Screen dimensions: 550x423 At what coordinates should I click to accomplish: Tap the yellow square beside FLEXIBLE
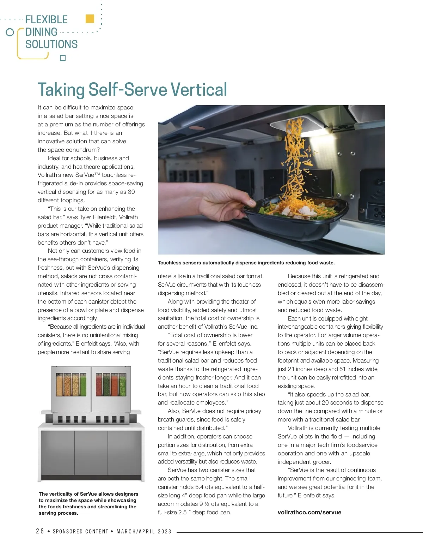90,19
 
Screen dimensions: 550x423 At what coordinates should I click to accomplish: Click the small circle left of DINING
10,32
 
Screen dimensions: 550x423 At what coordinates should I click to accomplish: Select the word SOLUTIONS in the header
51,44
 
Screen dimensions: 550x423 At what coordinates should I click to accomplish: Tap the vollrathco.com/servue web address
309,512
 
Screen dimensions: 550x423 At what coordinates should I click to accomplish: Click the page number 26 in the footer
40,531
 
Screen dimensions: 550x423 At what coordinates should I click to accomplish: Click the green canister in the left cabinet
84,384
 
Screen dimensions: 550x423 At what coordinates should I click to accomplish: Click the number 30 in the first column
131,192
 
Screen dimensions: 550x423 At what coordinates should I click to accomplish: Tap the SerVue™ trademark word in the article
88,175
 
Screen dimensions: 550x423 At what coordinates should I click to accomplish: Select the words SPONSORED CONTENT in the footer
80,532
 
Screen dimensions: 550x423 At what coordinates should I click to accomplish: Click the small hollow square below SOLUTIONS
63,58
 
